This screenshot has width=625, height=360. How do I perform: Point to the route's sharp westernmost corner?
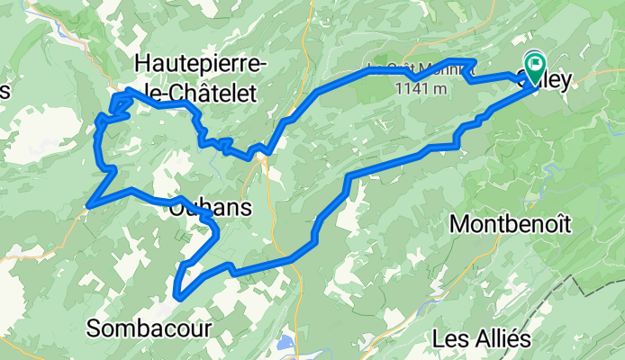point(88,206)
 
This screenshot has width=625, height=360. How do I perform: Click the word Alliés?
point(498,338)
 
